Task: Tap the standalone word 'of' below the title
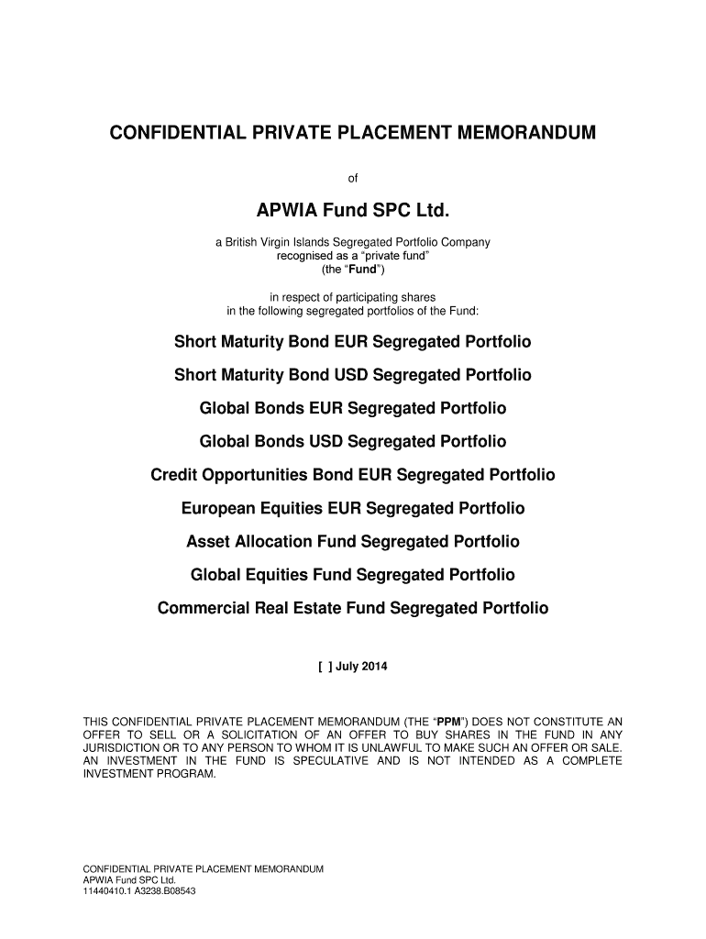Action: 353,178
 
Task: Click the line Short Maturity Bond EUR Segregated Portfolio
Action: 353,343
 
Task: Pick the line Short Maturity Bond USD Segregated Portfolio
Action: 353,376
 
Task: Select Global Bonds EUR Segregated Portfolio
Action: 353,409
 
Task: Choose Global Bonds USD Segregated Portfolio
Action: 353,442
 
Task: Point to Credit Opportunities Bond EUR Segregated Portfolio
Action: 353,475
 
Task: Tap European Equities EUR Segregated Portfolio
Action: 353,508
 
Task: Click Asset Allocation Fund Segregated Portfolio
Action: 353,541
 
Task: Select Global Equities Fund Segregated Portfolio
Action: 353,575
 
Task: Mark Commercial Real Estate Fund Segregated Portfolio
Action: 353,608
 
